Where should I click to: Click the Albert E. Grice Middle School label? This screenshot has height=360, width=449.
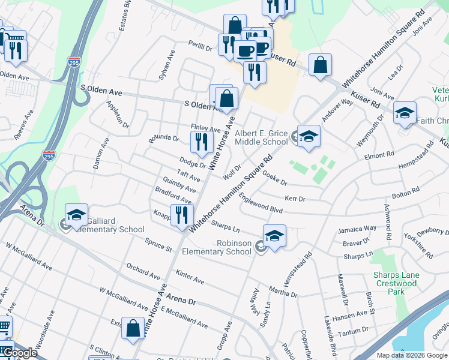click(x=261, y=137)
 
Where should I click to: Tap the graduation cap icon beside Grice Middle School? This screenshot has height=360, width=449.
click(x=309, y=136)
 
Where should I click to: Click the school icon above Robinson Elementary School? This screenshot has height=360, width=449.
click(x=274, y=236)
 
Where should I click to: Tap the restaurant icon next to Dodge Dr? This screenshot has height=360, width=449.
click(x=201, y=142)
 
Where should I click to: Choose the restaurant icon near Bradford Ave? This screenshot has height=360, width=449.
click(x=181, y=215)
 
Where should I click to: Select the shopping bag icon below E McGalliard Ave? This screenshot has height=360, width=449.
click(x=133, y=328)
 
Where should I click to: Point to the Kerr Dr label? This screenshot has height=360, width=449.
click(x=295, y=198)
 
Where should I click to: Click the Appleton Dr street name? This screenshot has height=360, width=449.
click(x=118, y=114)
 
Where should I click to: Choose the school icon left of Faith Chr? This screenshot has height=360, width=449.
click(x=405, y=112)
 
